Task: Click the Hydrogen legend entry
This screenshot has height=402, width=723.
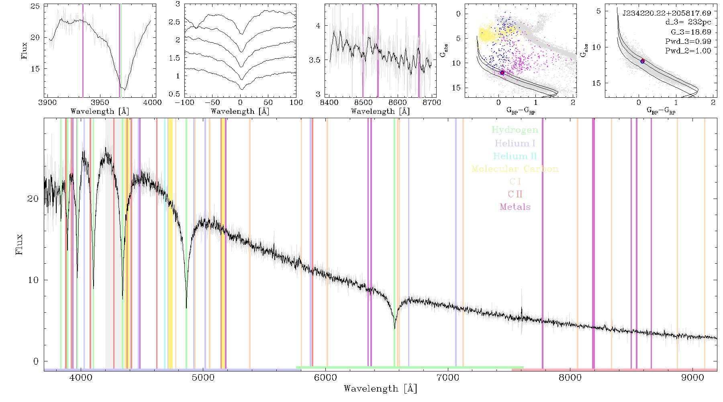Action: tap(515, 130)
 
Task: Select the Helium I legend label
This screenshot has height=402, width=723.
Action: tap(515, 143)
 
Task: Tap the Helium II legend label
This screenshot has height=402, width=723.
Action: tap(515, 156)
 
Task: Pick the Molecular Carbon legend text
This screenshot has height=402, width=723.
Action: tap(515, 169)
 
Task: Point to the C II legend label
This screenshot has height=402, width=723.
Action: tap(515, 194)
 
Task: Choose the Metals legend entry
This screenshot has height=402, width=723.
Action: tap(515, 207)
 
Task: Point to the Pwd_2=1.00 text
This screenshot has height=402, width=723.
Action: tap(688, 51)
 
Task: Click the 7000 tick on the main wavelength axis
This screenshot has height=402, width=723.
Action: tap(448, 377)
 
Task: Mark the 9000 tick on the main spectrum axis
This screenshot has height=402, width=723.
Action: tap(692, 377)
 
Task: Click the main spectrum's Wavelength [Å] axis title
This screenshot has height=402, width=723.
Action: tap(380, 388)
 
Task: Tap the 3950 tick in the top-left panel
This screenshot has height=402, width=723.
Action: tap(100, 102)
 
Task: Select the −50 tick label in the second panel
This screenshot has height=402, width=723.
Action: tap(212, 102)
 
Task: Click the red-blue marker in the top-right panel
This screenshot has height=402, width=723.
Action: tap(643, 61)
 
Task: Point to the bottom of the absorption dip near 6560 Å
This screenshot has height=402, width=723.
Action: tap(395, 328)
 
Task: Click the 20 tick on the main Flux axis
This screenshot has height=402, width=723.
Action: tap(33, 199)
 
